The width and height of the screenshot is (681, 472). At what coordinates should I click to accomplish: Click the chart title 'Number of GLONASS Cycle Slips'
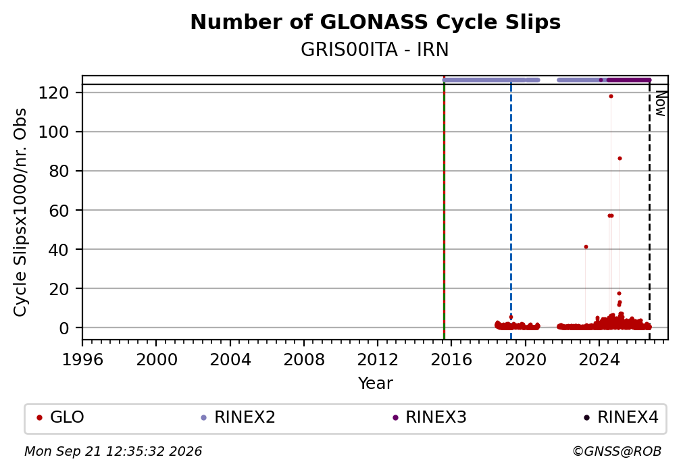375,22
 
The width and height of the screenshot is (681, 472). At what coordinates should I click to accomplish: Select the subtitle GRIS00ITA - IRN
374,50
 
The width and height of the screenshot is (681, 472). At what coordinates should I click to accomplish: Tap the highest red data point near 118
611,97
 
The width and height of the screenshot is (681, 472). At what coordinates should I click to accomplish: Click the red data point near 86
620,159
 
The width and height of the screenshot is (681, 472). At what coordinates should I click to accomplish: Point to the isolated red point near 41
586,247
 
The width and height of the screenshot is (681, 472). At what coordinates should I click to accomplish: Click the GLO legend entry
60,417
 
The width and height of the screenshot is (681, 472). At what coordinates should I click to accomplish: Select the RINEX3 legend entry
429,417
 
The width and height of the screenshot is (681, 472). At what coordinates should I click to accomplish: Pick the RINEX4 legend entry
621,417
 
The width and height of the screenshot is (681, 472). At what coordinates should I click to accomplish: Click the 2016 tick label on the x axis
451,360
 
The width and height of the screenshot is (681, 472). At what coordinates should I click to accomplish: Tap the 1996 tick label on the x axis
82,360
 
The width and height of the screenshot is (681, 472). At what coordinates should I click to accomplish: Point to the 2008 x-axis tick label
304,360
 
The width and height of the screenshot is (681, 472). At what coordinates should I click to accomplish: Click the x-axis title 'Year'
375,384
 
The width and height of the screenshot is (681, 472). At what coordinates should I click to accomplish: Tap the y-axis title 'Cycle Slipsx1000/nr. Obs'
20,212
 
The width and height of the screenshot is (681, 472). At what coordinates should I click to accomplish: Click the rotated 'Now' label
660,103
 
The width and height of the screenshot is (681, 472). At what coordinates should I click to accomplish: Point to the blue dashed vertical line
511,212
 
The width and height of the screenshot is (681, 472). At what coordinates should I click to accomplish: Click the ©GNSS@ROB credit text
617,452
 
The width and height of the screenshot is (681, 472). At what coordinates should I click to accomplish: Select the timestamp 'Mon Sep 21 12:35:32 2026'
113,452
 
